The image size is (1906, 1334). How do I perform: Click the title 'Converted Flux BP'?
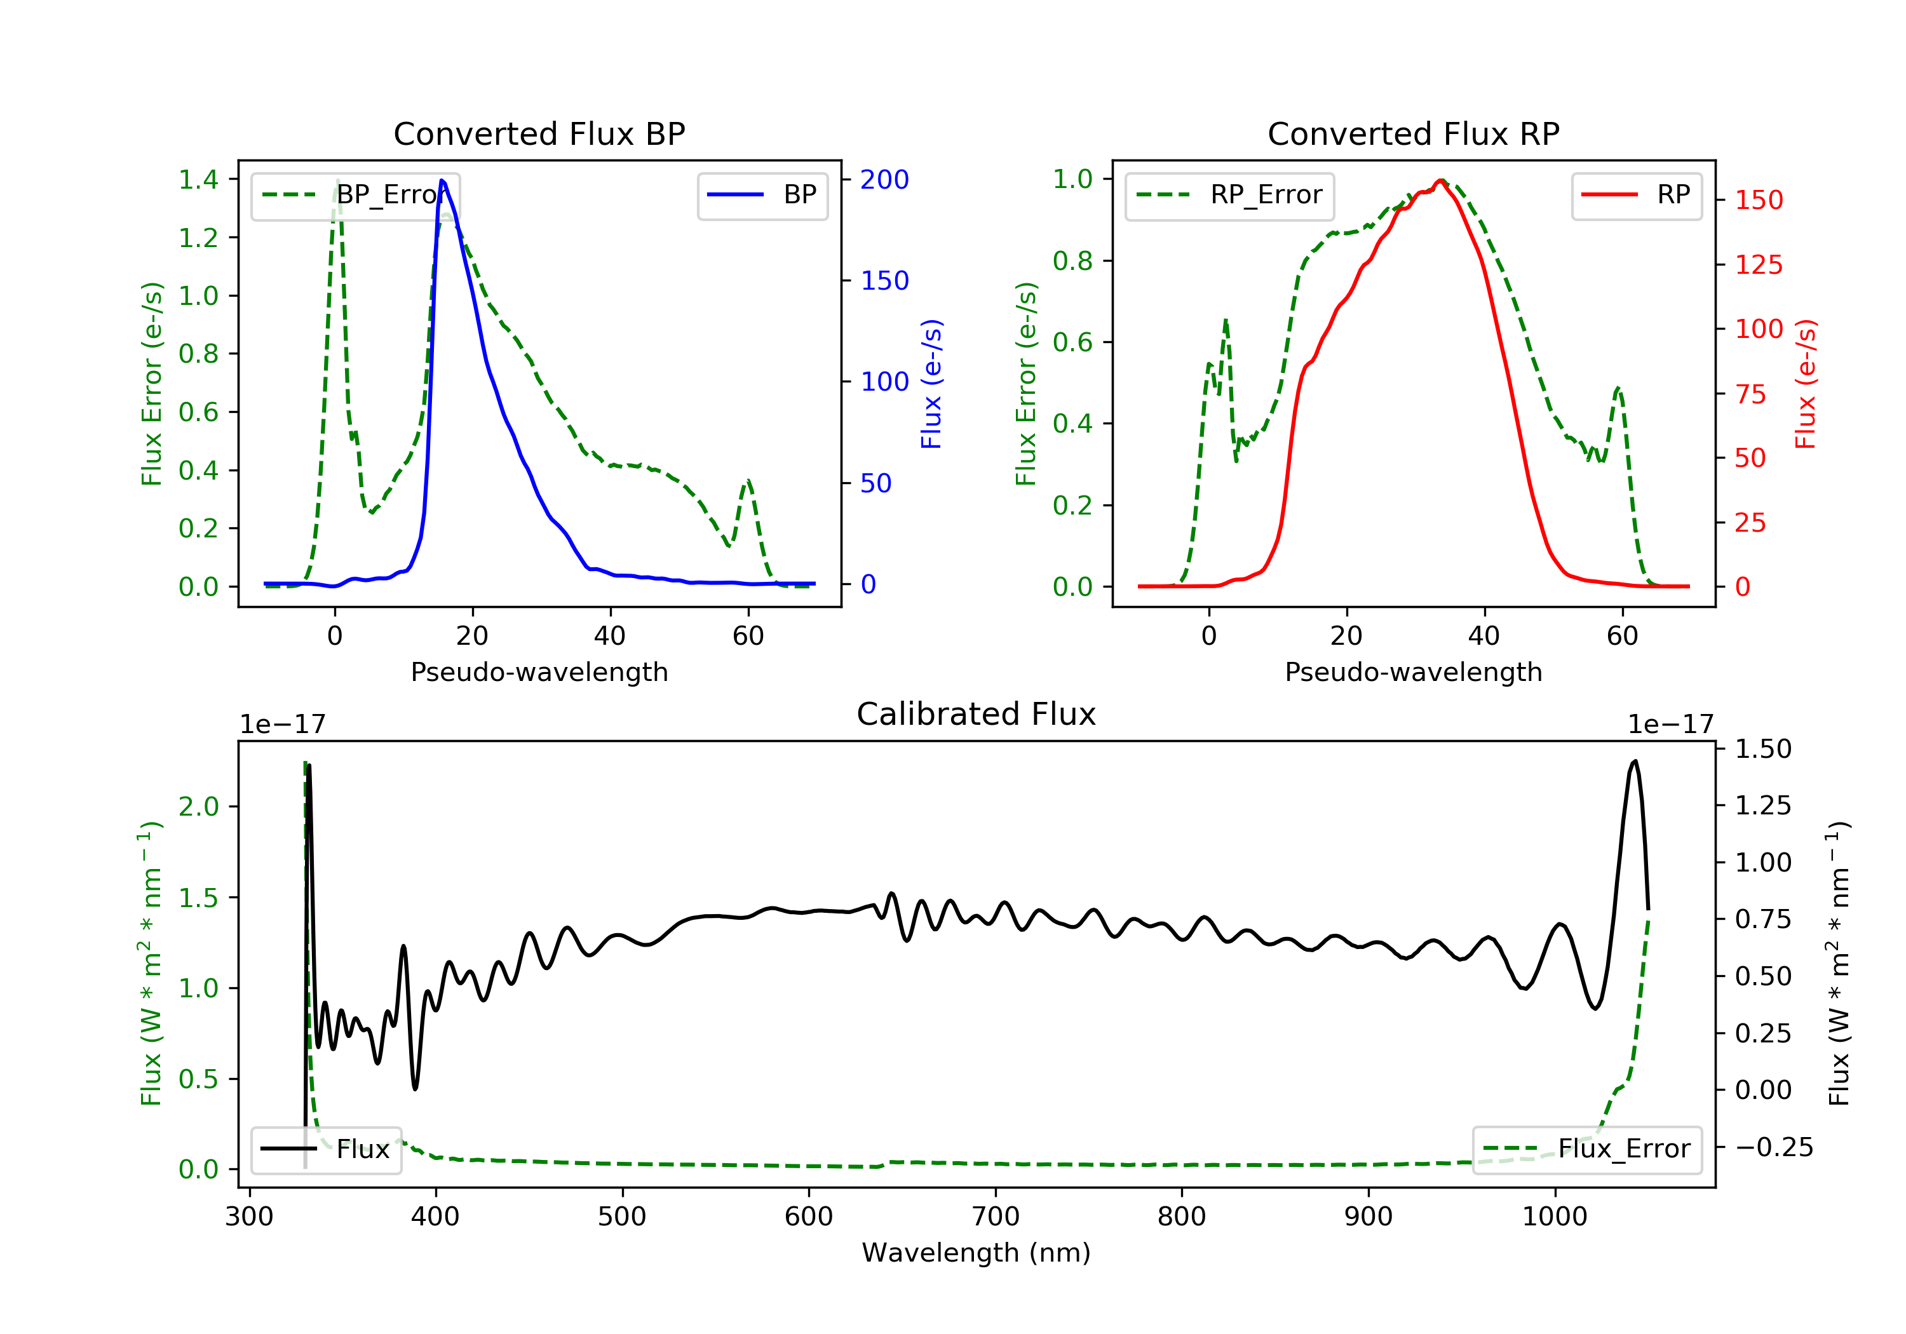pyautogui.click(x=539, y=133)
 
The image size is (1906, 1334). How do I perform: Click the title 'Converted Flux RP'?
pyautogui.click(x=1413, y=133)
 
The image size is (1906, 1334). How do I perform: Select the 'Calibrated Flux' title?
pyautogui.click(x=977, y=714)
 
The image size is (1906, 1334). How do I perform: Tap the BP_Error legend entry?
pyautogui.click(x=355, y=195)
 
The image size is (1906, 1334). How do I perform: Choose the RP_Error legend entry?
pyautogui.click(x=1229, y=195)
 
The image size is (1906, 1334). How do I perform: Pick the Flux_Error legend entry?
pyautogui.click(x=1586, y=1149)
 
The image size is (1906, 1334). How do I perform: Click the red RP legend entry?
pyautogui.click(x=1636, y=195)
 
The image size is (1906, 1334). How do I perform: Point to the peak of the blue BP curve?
pyautogui.click(x=442, y=180)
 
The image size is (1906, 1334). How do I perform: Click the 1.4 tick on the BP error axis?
pyautogui.click(x=198, y=179)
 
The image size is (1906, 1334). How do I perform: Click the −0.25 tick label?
pyautogui.click(x=1774, y=1147)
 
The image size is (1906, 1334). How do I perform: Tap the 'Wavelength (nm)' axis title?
pyautogui.click(x=977, y=1253)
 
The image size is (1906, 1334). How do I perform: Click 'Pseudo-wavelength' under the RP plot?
pyautogui.click(x=1414, y=671)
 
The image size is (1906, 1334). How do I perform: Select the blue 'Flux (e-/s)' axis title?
pyautogui.click(x=932, y=384)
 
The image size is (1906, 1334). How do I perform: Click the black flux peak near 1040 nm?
pyautogui.click(x=1635, y=761)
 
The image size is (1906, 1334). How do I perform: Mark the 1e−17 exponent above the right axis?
pyautogui.click(x=1670, y=725)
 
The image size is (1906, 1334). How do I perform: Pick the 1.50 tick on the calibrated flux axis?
pyautogui.click(x=1763, y=749)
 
